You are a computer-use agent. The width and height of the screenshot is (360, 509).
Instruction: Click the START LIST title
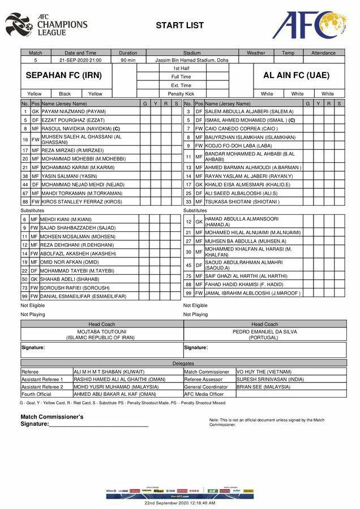179,25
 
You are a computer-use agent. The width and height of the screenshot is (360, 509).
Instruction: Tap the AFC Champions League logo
46,25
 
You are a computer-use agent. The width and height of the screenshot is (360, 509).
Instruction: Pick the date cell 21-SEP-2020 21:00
80,59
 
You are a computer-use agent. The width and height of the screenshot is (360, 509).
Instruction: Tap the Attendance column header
323,53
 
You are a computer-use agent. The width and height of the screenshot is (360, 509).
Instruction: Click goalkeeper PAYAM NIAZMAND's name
74,111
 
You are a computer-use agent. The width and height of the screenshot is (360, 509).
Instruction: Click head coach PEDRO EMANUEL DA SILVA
265,331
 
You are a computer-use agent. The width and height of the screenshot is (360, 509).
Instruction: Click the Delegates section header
183,363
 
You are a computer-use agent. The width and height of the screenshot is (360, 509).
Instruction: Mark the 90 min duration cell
128,59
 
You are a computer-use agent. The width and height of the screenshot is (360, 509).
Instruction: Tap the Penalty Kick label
181,93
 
